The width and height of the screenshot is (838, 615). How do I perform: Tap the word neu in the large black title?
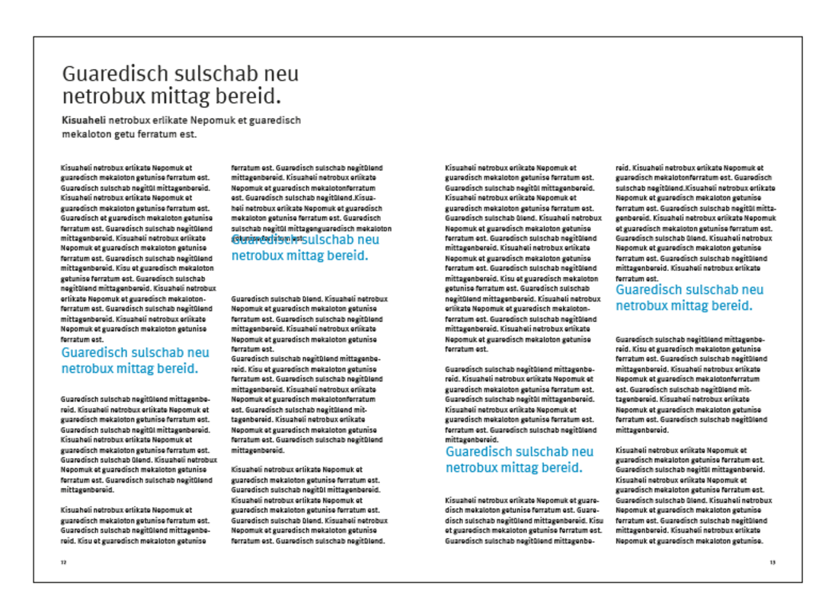click(281, 75)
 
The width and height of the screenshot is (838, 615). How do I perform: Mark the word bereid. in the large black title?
click(252, 97)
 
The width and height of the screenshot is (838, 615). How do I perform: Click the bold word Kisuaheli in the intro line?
click(83, 120)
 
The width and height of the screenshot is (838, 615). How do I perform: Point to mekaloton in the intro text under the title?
click(88, 135)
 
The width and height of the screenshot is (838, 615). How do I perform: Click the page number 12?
click(64, 562)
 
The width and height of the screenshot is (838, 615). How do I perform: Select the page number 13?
click(772, 562)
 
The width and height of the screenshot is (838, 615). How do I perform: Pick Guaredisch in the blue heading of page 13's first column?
click(482, 452)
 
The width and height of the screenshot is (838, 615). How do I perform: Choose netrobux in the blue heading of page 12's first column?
click(88, 368)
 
